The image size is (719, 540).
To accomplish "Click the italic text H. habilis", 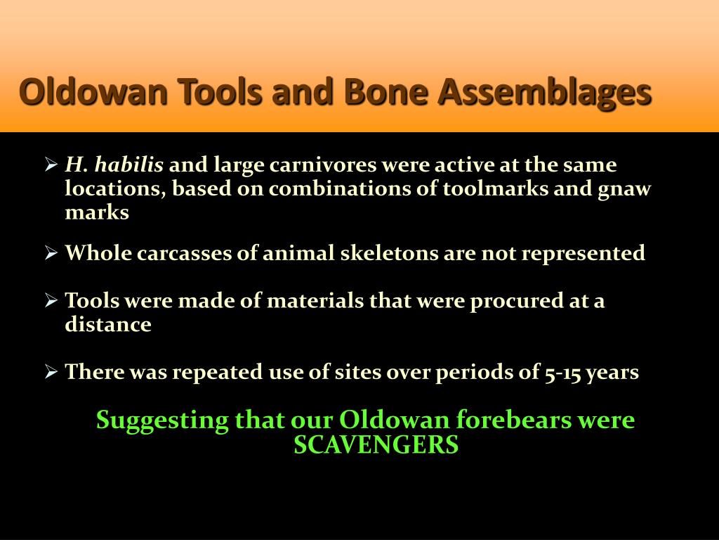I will click(x=114, y=166).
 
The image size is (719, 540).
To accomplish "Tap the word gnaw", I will click(x=625, y=189).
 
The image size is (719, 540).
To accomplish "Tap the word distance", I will click(x=108, y=325).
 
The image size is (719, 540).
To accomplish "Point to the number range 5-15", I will click(x=563, y=373).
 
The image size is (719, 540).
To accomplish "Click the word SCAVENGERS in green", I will click(x=376, y=445).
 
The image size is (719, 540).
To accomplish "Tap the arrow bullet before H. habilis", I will click(x=51, y=166).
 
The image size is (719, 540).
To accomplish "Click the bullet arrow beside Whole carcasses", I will click(x=51, y=253).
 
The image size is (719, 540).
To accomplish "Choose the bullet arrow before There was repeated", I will click(x=51, y=372).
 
